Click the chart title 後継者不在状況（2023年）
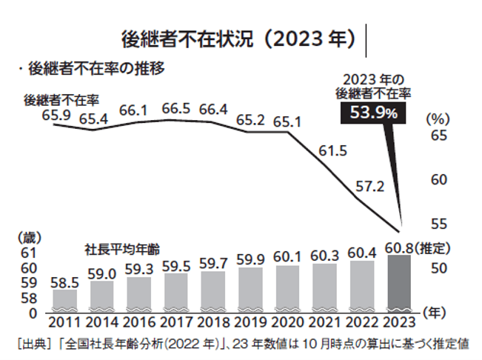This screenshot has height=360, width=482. (x=238, y=37)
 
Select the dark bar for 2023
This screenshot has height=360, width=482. (x=400, y=283)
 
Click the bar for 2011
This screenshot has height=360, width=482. (x=64, y=299)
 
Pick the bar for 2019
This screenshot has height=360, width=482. (x=250, y=288)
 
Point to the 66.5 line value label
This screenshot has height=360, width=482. (x=176, y=110)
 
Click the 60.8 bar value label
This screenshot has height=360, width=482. (x=399, y=246)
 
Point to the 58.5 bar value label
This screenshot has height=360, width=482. (x=64, y=282)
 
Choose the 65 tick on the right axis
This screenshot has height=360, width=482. (x=437, y=136)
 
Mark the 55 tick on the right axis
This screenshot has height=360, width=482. (x=437, y=223)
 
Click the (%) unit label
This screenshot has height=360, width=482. (x=436, y=117)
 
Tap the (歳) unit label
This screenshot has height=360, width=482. (x=29, y=238)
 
